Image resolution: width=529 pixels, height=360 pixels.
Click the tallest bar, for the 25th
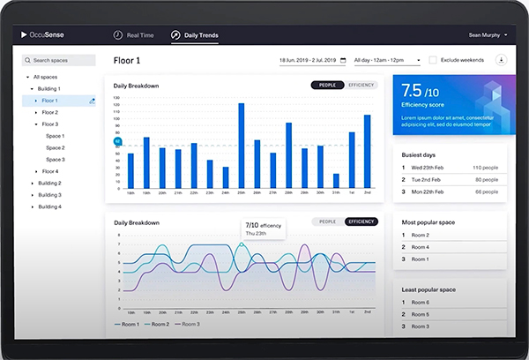coord(241,146)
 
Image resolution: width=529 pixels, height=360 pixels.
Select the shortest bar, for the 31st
coord(336,181)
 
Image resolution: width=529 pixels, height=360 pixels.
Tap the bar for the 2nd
coord(368,152)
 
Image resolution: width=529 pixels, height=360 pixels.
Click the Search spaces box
coord(60,61)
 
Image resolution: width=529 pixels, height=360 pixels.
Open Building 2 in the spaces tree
coord(49,183)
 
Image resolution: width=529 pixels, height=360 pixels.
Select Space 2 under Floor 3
coord(56,147)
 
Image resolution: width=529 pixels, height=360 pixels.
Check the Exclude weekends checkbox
coord(433,60)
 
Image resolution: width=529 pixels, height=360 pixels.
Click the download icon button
coord(501,60)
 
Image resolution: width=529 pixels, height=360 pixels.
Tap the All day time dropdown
coord(387,60)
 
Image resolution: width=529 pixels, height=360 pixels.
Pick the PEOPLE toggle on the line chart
coord(327,221)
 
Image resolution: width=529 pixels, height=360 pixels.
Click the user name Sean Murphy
coord(484,35)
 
